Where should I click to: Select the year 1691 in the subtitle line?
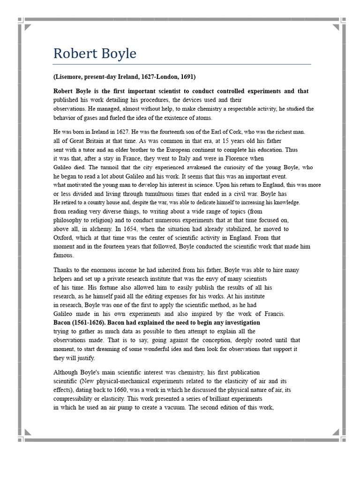(x=187, y=76)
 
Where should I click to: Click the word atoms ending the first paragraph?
(x=202, y=118)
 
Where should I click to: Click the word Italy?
(x=188, y=158)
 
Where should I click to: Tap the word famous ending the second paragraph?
(x=63, y=255)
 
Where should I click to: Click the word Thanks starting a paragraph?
(x=63, y=270)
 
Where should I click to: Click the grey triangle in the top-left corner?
(x=28, y=27)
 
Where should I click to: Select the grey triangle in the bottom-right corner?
(x=336, y=432)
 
